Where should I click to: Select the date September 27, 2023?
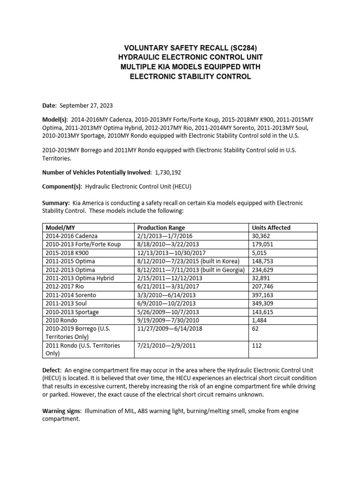86,106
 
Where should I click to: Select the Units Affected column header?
271,227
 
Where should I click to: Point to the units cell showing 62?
256,329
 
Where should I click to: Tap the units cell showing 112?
258,345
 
